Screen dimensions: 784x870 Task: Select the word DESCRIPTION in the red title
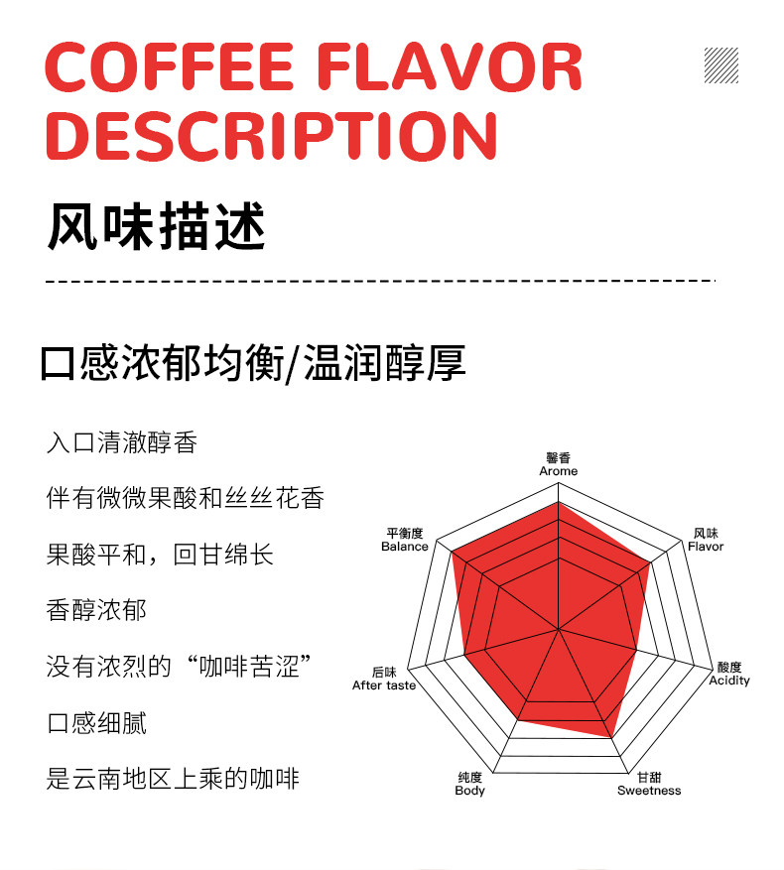(x=271, y=136)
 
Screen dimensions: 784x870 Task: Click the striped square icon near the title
(x=720, y=64)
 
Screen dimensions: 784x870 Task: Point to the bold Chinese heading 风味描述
(x=157, y=227)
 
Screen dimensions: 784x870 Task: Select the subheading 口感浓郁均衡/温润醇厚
(x=253, y=363)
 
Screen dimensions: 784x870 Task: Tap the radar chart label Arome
(x=558, y=471)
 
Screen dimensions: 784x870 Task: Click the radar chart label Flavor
(x=706, y=547)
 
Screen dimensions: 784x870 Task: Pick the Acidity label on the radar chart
(x=729, y=681)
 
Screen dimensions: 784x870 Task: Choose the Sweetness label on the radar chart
(x=649, y=791)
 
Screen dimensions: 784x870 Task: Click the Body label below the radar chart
(x=469, y=791)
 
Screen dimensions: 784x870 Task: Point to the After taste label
(x=384, y=685)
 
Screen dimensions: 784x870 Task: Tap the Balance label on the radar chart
(x=405, y=547)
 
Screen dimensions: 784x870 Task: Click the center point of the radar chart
(x=559, y=629)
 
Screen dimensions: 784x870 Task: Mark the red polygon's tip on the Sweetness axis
(x=609, y=737)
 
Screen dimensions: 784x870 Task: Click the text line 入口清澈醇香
(x=122, y=442)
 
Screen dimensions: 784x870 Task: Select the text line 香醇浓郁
(x=96, y=609)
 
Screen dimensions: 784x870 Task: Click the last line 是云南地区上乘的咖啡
(x=173, y=779)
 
